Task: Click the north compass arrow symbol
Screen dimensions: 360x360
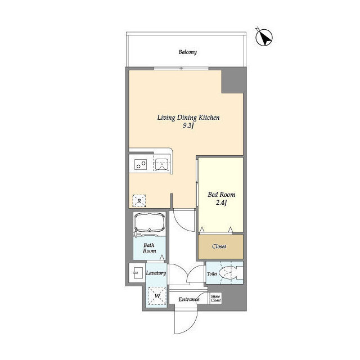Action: (x=264, y=37)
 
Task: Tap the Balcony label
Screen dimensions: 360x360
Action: (x=187, y=52)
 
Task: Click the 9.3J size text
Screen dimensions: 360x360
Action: (x=188, y=125)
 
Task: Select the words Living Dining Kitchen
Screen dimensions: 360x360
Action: (x=188, y=118)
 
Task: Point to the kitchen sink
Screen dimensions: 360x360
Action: (x=163, y=164)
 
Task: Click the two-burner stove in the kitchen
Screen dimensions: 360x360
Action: (x=140, y=164)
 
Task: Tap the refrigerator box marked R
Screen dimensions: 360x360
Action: (x=139, y=201)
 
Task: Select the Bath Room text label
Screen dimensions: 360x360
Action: (x=149, y=248)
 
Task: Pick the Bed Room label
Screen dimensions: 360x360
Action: (x=221, y=195)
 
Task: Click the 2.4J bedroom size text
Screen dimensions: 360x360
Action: (x=221, y=202)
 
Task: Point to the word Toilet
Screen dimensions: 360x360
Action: (x=212, y=274)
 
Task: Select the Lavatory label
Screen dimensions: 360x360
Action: (x=156, y=273)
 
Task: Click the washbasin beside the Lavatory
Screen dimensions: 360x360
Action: (x=137, y=273)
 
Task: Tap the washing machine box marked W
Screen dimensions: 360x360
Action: (x=157, y=295)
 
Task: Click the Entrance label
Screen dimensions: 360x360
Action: (x=189, y=299)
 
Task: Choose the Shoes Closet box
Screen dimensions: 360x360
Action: (x=215, y=298)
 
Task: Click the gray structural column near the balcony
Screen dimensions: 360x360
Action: (x=232, y=80)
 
